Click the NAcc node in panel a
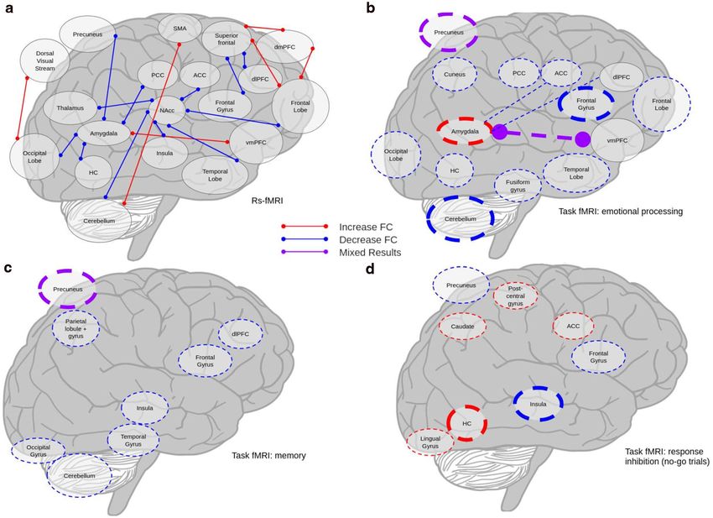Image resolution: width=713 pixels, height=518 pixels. click(x=167, y=110)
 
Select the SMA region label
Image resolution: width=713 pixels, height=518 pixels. click(x=180, y=29)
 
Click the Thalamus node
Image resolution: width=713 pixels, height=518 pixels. click(x=70, y=108)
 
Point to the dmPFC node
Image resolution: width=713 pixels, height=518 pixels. click(x=285, y=47)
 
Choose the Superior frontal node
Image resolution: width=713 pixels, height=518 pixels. click(x=226, y=39)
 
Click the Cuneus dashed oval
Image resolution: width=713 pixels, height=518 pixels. click(x=455, y=74)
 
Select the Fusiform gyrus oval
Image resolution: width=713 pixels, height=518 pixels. click(x=518, y=186)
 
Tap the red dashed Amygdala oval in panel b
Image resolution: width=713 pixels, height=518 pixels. click(x=465, y=132)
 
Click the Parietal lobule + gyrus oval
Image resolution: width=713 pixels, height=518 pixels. click(x=75, y=328)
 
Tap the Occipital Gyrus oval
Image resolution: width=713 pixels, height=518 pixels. click(x=39, y=451)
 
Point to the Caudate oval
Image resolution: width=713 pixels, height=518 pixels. click(x=462, y=327)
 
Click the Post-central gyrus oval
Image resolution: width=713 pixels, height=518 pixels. click(x=516, y=296)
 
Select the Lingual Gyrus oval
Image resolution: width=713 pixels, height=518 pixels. click(x=430, y=442)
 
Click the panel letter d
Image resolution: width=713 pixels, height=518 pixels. click(x=371, y=269)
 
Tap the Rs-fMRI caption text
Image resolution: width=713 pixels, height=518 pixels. click(x=268, y=200)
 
